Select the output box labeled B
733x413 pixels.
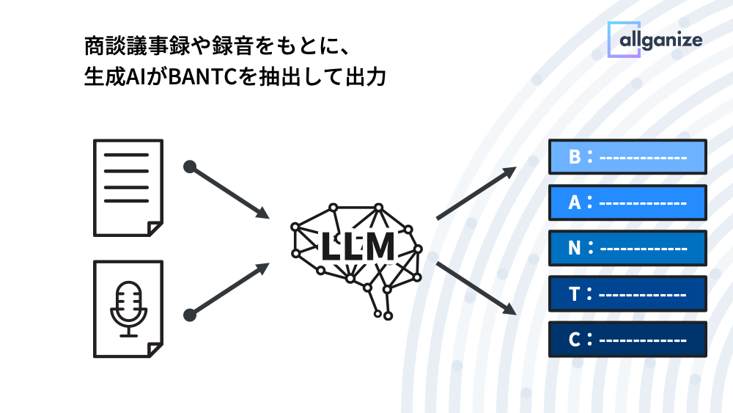(627, 156)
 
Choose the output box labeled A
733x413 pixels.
(627, 202)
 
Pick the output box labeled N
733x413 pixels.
(627, 248)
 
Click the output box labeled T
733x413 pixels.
(627, 293)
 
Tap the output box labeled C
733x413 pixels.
(627, 339)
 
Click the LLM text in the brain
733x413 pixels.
(357, 247)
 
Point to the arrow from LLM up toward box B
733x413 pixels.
(476, 194)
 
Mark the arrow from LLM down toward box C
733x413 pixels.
(476, 288)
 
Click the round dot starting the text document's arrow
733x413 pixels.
(190, 167)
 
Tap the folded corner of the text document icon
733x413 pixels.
(154, 228)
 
